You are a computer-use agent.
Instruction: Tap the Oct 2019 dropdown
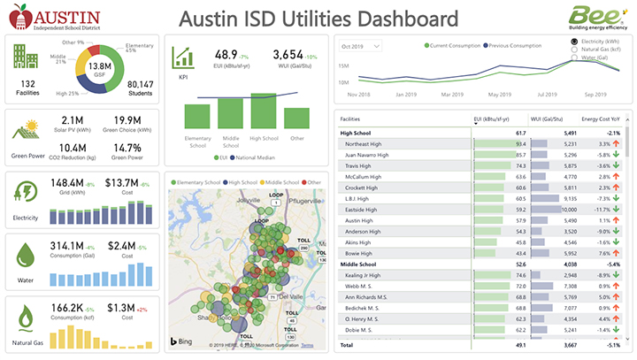(x=361, y=45)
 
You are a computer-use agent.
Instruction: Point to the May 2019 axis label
(x=499, y=93)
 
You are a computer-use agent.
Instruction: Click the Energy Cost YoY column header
(x=602, y=119)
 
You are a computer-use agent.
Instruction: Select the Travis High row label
(x=359, y=165)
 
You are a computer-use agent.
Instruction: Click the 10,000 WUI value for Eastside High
(x=566, y=210)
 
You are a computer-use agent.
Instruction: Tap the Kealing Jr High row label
(x=363, y=275)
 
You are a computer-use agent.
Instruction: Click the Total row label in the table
(x=348, y=344)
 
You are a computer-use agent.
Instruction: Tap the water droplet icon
(x=25, y=254)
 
